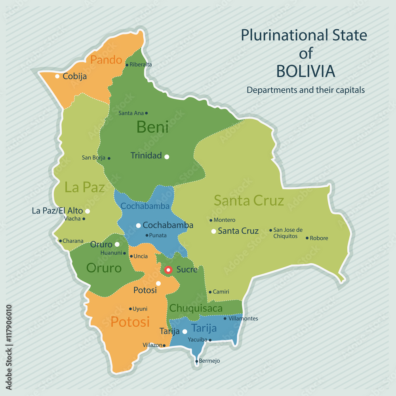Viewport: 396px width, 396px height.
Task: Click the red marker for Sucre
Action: click(168, 270)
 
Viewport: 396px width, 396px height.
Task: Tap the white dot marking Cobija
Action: click(57, 76)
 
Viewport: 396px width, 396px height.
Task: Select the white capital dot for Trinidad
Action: click(167, 157)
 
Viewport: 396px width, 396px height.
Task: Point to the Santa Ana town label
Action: click(131, 113)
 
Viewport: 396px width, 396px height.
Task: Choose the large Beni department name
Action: click(152, 127)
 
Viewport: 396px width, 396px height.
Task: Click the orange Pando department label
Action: click(106, 60)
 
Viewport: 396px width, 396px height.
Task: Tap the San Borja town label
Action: click(93, 158)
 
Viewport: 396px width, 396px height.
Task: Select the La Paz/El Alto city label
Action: click(57, 211)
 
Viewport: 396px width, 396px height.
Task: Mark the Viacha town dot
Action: click(84, 219)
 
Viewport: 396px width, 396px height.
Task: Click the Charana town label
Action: click(73, 241)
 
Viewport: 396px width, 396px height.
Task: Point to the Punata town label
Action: click(158, 235)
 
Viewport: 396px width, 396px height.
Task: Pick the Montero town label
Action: click(224, 220)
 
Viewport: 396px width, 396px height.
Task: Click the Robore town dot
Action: click(307, 238)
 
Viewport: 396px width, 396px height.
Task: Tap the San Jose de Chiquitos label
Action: click(288, 233)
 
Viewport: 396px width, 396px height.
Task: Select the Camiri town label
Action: click(221, 292)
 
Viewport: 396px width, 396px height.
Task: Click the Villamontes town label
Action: click(243, 318)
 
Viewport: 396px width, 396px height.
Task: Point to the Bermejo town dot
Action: click(197, 361)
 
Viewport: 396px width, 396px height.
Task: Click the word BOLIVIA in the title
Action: click(305, 71)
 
